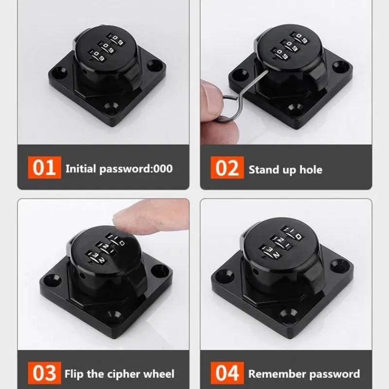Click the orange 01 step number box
point(44,167)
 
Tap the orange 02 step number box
point(227,167)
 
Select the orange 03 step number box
point(44,373)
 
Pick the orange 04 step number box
point(227,373)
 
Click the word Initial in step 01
point(81,169)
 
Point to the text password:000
point(136,169)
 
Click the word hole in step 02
point(311,170)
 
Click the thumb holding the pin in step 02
point(212,99)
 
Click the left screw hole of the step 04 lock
point(225,275)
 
